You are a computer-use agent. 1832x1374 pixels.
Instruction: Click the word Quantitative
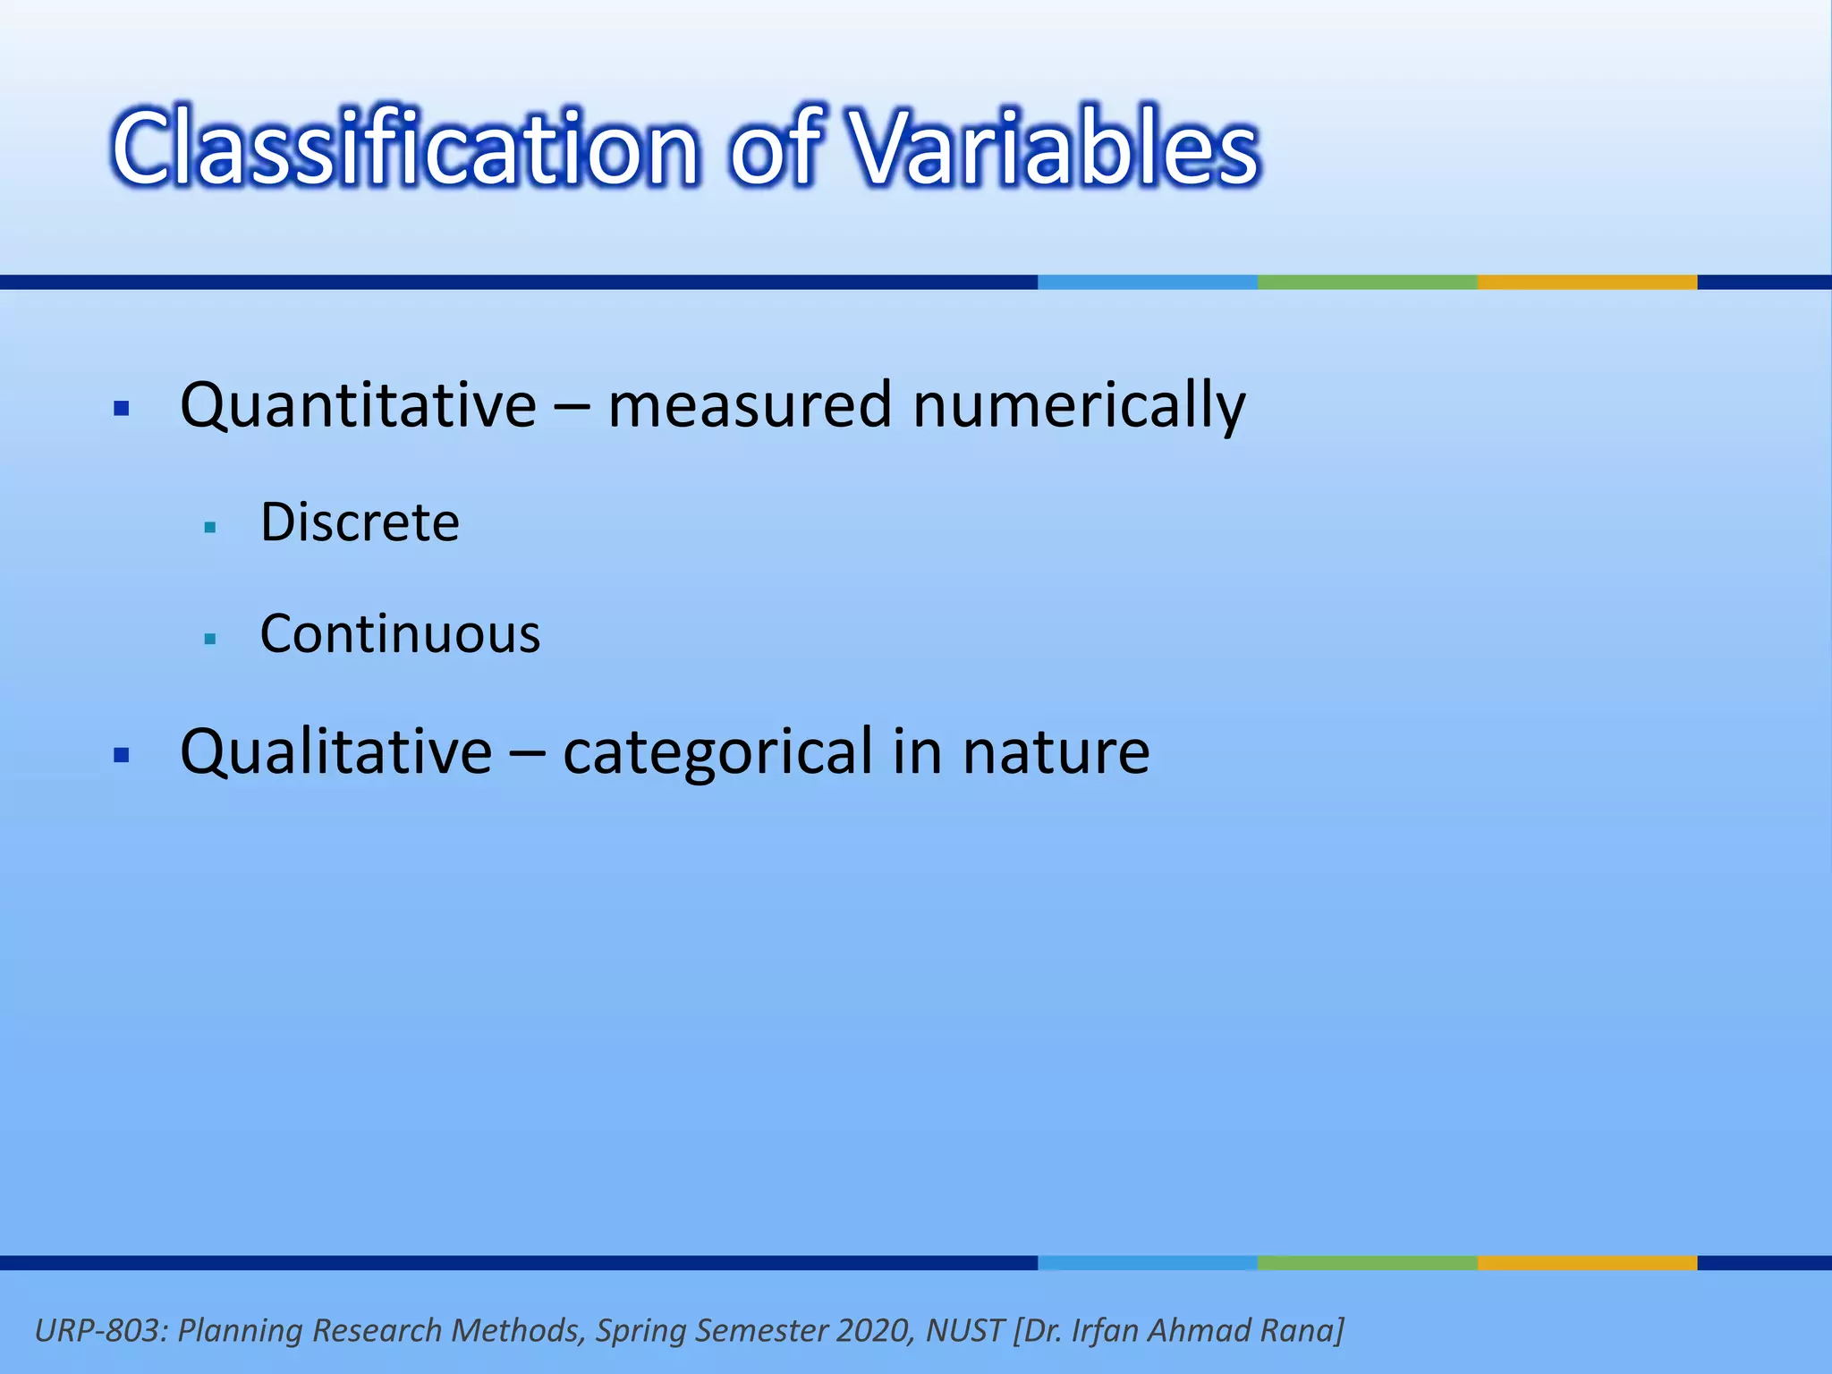(358, 406)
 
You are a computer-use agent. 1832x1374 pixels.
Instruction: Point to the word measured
(750, 406)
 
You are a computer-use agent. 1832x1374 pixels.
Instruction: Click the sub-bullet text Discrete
(360, 522)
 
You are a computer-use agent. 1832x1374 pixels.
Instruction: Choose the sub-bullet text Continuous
(400, 634)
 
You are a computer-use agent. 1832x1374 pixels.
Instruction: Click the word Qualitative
(335, 752)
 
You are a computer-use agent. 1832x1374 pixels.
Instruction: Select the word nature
(1056, 752)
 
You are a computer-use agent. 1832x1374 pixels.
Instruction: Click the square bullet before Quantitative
(123, 410)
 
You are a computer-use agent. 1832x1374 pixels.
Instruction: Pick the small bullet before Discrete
(210, 528)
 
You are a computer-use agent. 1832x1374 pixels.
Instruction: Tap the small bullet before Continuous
(210, 639)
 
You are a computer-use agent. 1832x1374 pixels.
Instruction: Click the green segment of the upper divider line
(1367, 282)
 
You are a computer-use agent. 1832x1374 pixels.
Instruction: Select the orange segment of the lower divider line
(1587, 1262)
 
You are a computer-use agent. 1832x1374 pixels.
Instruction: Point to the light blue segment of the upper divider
(1147, 282)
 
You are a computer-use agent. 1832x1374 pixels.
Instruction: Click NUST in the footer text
(964, 1330)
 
